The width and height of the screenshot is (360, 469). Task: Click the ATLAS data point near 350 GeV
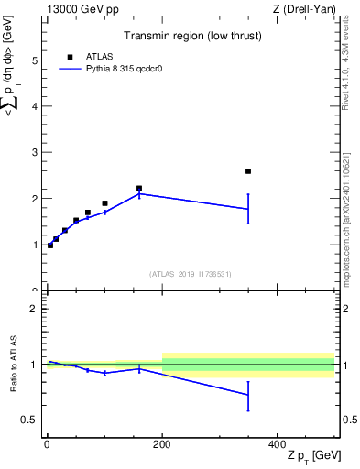[248, 171]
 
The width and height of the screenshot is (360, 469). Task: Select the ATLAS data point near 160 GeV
[139, 188]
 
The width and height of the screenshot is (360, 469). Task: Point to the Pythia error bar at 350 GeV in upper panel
[248, 209]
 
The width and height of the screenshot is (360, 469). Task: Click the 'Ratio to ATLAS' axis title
[12, 365]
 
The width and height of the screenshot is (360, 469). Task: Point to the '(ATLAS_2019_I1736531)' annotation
[191, 274]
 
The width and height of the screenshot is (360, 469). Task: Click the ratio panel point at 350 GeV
[248, 395]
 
